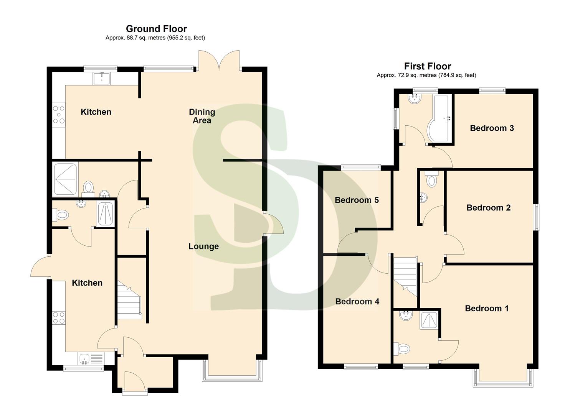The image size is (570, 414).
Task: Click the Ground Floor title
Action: click(x=156, y=29)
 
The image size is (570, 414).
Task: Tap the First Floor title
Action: click(x=427, y=66)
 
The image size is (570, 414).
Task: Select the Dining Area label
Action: click(x=202, y=116)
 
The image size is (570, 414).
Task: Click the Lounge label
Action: click(x=203, y=246)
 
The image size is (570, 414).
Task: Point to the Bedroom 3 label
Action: click(x=492, y=128)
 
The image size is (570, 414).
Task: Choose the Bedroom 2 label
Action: click(x=488, y=208)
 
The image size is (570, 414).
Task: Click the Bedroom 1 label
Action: click(x=486, y=309)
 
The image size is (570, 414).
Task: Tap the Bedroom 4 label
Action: click(x=357, y=302)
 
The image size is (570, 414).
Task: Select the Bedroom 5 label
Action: click(x=357, y=200)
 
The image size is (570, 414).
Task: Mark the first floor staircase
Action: click(x=405, y=275)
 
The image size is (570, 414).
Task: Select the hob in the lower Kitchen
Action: click(x=59, y=318)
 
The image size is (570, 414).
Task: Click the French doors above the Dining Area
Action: click(x=219, y=60)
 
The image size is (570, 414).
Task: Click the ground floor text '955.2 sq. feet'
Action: click(x=186, y=38)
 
